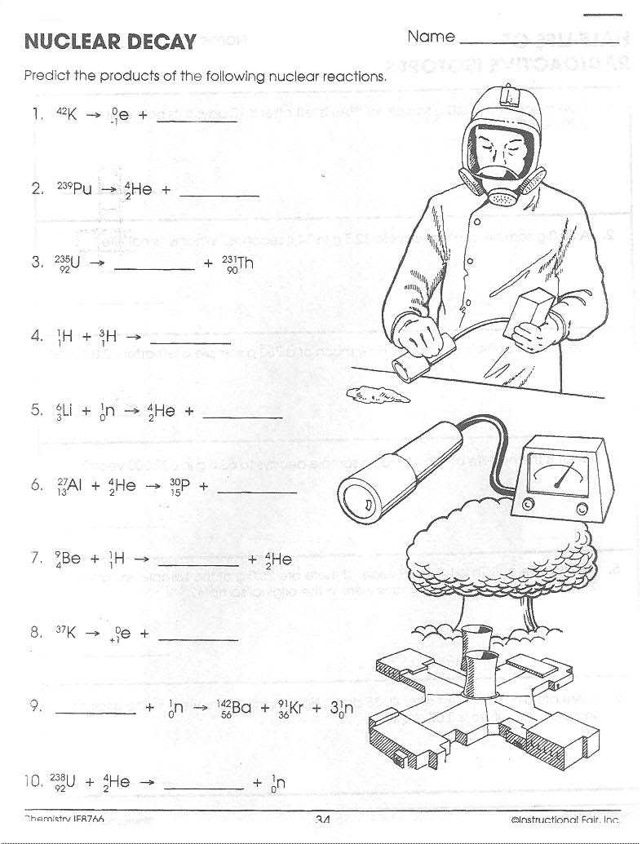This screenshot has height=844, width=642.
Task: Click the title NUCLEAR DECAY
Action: click(110, 41)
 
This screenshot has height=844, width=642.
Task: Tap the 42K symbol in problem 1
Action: click(66, 115)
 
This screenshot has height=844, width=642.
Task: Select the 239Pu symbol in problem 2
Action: click(74, 189)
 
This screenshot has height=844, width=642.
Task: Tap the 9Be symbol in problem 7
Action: click(68, 559)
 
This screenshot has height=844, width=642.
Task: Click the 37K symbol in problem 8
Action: click(66, 633)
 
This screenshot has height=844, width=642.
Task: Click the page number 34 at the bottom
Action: click(321, 820)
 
